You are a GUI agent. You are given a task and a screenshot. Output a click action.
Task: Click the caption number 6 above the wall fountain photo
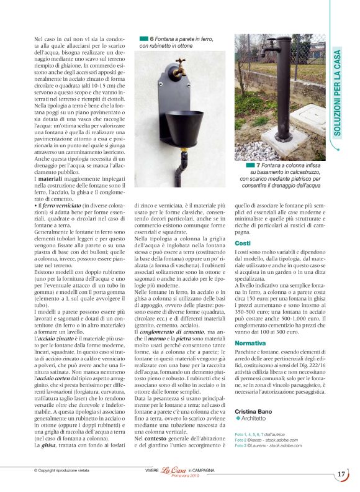[x=151, y=39]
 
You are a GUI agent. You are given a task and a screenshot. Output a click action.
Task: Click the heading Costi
[x=243, y=243]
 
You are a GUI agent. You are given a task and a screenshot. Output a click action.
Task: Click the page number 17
[x=341, y=474]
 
